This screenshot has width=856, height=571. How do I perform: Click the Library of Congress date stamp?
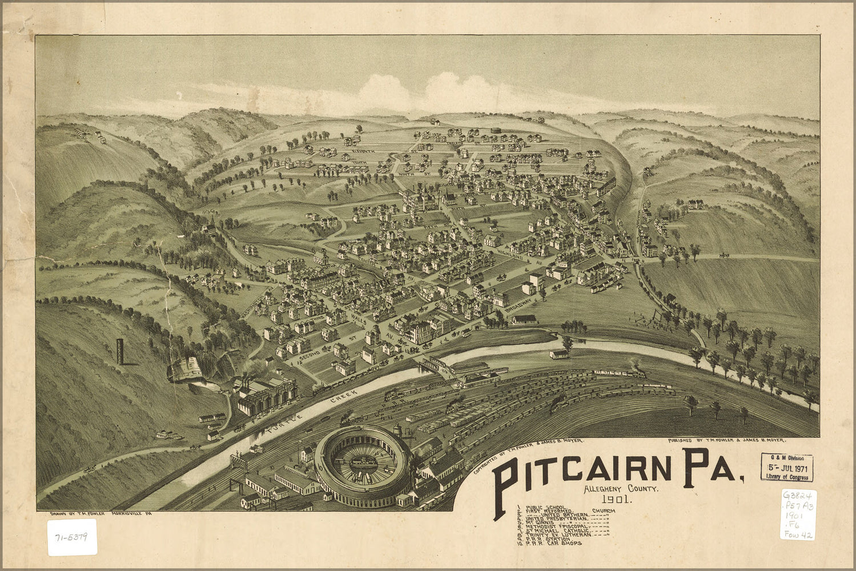tap(786, 468)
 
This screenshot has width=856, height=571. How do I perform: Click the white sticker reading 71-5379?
tap(72, 537)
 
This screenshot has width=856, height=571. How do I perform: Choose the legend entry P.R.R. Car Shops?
tap(552, 544)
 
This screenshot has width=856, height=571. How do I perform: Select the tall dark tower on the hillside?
tap(119, 351)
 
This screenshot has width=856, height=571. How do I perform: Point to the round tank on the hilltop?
tap(495, 131)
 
